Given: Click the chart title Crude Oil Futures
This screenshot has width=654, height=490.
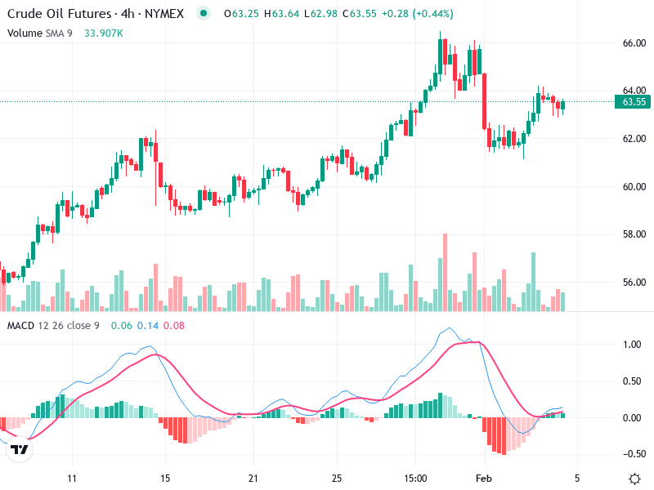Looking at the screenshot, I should pos(57,14).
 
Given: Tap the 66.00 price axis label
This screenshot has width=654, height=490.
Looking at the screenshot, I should pos(634,42).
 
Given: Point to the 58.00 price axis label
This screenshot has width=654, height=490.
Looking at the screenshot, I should pos(634,234).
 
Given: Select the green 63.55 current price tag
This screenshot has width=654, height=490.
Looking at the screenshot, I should pos(634,102).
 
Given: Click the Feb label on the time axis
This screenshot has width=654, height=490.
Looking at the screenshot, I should pos(485,478).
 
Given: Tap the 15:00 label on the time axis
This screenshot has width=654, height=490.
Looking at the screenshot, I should pos(415,478).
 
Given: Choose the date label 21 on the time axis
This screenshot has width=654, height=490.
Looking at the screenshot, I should pos(253,478).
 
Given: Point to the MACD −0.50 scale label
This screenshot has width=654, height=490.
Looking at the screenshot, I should pos(631,454).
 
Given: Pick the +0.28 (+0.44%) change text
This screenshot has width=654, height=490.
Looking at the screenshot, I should pos(419,14).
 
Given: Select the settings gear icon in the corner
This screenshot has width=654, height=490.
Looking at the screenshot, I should pos(634,478).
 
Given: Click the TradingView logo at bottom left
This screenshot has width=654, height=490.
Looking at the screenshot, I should pos(17,450).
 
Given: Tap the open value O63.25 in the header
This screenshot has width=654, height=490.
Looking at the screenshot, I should pos(241,14).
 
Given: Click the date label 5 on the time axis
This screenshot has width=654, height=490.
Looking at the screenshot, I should pos(576,478).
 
